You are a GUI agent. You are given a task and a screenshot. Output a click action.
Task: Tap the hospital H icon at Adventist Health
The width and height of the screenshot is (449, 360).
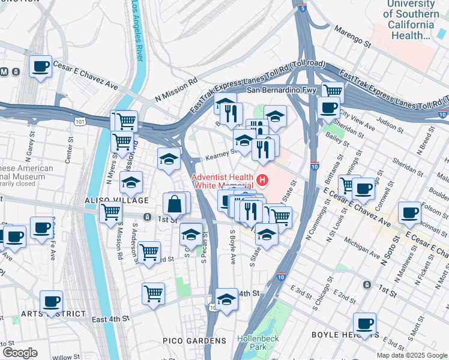261,179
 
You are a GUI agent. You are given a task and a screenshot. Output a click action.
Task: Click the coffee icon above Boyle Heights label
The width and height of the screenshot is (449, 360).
364,323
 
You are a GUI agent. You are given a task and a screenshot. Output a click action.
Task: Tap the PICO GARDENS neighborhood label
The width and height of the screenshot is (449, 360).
194,341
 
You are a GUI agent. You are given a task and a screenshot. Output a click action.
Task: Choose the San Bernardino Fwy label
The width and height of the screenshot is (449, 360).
274,91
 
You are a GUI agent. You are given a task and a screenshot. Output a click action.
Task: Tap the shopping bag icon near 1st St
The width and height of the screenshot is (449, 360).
174,204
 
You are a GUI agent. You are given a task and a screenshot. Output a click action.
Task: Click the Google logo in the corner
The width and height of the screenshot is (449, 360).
20,353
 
